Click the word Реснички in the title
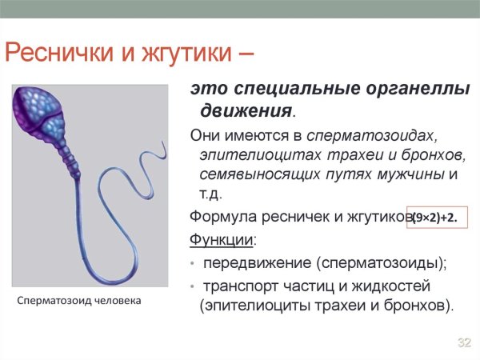(59, 53)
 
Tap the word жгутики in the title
(187, 53)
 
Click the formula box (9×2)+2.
(437, 218)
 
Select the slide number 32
(464, 342)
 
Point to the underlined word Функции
(222, 239)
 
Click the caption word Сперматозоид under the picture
(54, 301)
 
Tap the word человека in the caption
(118, 301)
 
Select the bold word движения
(246, 111)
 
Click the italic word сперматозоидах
(372, 136)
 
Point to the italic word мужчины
(410, 174)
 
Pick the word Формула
(223, 217)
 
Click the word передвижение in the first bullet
(257, 263)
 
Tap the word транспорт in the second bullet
(241, 286)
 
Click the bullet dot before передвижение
(192, 263)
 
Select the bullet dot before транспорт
(192, 286)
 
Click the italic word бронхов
(434, 155)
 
